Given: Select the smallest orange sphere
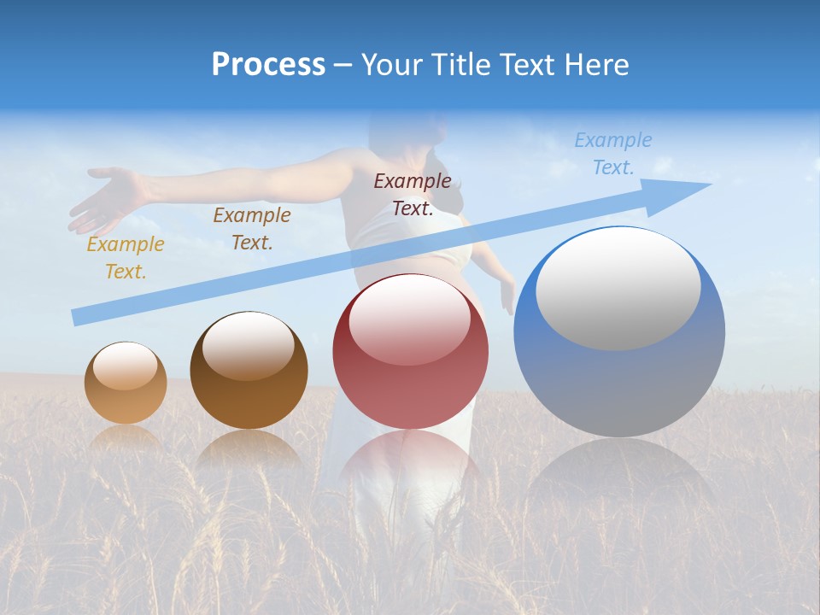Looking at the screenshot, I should [x=126, y=384].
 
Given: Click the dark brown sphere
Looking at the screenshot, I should [x=249, y=371].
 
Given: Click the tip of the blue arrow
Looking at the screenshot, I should [x=709, y=184].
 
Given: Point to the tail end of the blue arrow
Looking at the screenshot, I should [x=75, y=318].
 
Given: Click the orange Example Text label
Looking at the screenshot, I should [x=125, y=258].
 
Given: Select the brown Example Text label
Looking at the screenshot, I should [x=251, y=229].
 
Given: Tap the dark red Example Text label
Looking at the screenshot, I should [x=413, y=194].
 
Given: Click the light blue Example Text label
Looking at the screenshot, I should [x=612, y=154].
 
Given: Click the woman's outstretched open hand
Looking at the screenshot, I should [x=107, y=196].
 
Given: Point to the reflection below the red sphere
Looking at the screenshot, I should [x=410, y=461].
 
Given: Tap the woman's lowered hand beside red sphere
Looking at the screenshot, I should [x=507, y=295].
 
